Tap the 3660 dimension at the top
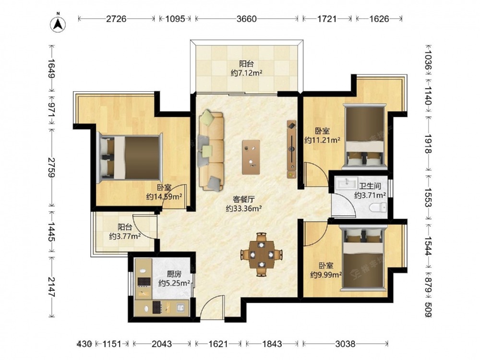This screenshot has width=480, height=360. [x=247, y=19]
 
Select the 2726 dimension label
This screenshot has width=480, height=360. [x=116, y=19]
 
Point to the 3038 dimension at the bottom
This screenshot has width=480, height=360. [x=345, y=344]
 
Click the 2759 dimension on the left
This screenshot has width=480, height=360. [x=51, y=168]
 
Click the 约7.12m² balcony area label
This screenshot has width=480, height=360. [x=246, y=73]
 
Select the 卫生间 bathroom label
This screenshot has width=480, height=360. [x=370, y=186]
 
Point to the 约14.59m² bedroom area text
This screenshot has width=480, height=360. [x=164, y=196]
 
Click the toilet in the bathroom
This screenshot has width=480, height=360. [x=378, y=208]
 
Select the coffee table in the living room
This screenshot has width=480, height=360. [x=251, y=157]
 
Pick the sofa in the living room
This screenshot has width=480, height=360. [x=211, y=150]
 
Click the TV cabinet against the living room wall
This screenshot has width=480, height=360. [x=291, y=149]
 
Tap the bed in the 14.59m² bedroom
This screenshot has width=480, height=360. [x=129, y=157]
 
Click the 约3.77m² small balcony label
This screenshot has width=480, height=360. [x=125, y=236]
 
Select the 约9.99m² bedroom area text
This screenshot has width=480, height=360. [x=326, y=275]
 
